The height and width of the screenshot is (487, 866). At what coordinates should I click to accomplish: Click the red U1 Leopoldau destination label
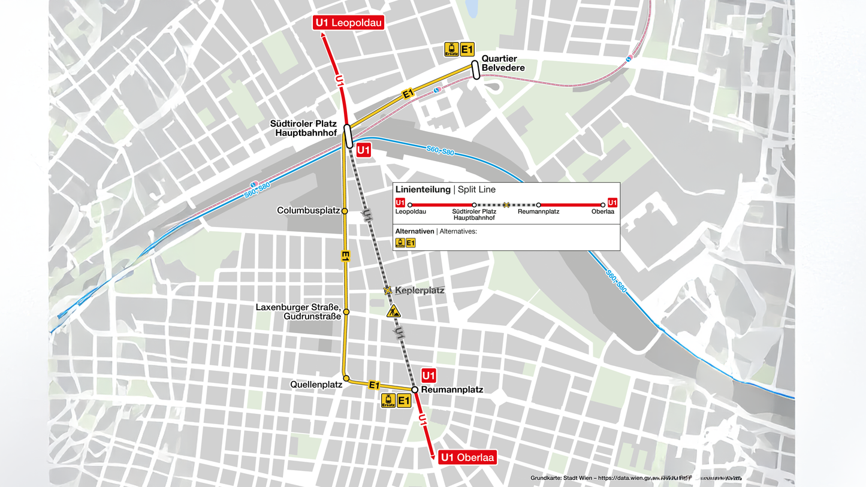click(x=348, y=23)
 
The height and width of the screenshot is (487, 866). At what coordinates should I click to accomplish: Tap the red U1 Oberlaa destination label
click(x=467, y=458)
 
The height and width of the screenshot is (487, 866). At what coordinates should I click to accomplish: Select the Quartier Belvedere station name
click(x=503, y=63)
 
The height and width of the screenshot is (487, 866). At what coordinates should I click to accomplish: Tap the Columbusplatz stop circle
click(x=345, y=211)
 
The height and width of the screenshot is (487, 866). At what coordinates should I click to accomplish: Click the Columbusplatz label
click(x=308, y=211)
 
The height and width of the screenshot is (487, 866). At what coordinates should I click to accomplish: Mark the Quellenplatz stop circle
click(x=346, y=379)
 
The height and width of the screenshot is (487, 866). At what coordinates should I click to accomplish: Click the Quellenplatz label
click(x=316, y=385)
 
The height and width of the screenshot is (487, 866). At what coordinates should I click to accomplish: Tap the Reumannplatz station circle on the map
click(x=414, y=390)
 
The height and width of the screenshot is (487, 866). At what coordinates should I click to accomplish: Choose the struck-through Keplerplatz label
click(x=420, y=291)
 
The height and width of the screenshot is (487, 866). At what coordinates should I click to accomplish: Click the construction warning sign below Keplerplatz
click(x=393, y=311)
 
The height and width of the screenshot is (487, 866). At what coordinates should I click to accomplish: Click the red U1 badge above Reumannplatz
click(x=428, y=376)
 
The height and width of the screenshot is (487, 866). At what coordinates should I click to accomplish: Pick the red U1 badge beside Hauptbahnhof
click(x=363, y=150)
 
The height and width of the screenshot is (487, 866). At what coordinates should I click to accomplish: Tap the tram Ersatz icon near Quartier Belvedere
click(x=451, y=49)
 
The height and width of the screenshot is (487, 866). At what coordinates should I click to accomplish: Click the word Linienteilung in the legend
click(x=423, y=190)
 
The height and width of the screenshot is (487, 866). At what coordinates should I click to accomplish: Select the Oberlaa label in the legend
click(x=602, y=211)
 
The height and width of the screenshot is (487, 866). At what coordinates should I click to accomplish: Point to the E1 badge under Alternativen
click(x=411, y=243)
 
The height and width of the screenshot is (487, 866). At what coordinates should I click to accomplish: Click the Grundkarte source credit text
click(x=635, y=478)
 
